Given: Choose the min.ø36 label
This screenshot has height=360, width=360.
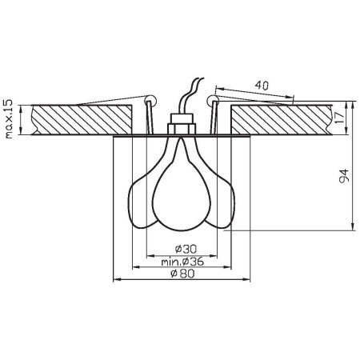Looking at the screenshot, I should click(181, 261).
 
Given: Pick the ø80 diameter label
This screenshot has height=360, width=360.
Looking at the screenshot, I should click(181, 274).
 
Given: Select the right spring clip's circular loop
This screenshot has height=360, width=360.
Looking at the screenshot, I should click(211, 100).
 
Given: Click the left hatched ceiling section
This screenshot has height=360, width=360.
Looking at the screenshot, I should click(80, 118).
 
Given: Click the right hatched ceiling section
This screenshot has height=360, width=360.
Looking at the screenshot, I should click(280, 118).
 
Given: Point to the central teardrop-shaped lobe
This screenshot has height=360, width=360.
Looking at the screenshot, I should click(180, 192).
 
